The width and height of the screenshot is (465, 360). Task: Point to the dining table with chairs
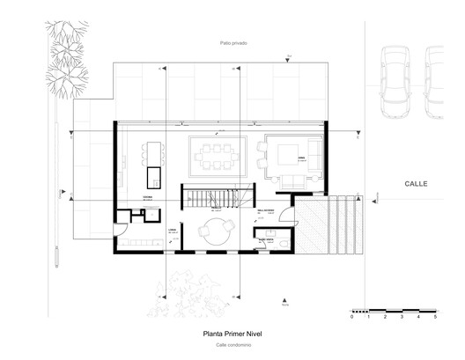[217, 157]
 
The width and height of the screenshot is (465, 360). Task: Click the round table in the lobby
[212, 232]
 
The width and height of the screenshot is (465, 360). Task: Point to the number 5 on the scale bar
[435, 318]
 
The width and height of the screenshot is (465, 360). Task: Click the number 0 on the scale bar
[351, 318]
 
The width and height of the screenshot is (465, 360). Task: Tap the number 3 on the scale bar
[402, 318]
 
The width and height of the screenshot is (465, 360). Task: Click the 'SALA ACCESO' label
[266, 211]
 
